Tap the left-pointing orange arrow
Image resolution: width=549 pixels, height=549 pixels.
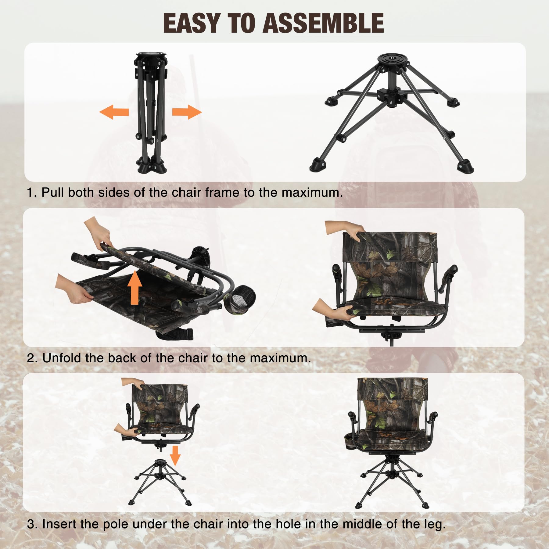point(114,112)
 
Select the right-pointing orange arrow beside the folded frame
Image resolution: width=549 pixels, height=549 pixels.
point(187,112)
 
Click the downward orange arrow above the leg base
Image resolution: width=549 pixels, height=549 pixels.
point(175,456)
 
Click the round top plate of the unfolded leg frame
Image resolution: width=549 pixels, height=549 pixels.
point(393,61)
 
